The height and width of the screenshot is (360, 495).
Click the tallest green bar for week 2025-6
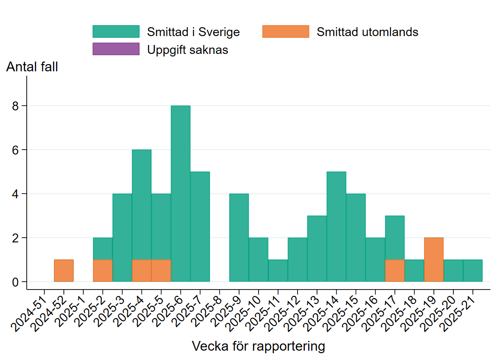tap(180, 193)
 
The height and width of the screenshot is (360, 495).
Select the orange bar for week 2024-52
tap(64, 270)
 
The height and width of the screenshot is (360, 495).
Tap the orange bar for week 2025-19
tap(433, 259)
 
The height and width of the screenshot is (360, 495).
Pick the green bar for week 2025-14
tap(336, 226)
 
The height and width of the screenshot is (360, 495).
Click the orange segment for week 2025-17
tap(394, 270)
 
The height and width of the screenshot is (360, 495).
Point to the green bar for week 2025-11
tap(278, 270)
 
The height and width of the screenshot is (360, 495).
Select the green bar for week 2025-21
tap(472, 270)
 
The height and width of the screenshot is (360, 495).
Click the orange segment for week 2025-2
tap(103, 270)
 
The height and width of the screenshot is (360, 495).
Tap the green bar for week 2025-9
tap(239, 237)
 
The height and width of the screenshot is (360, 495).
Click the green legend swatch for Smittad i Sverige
tap(116, 31)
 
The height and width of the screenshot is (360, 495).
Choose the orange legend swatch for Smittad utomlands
tap(285, 31)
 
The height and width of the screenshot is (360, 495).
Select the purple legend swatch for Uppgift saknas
tap(116, 49)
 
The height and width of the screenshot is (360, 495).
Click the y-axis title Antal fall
tap(32, 67)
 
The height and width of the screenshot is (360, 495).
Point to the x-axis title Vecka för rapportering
tap(259, 346)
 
